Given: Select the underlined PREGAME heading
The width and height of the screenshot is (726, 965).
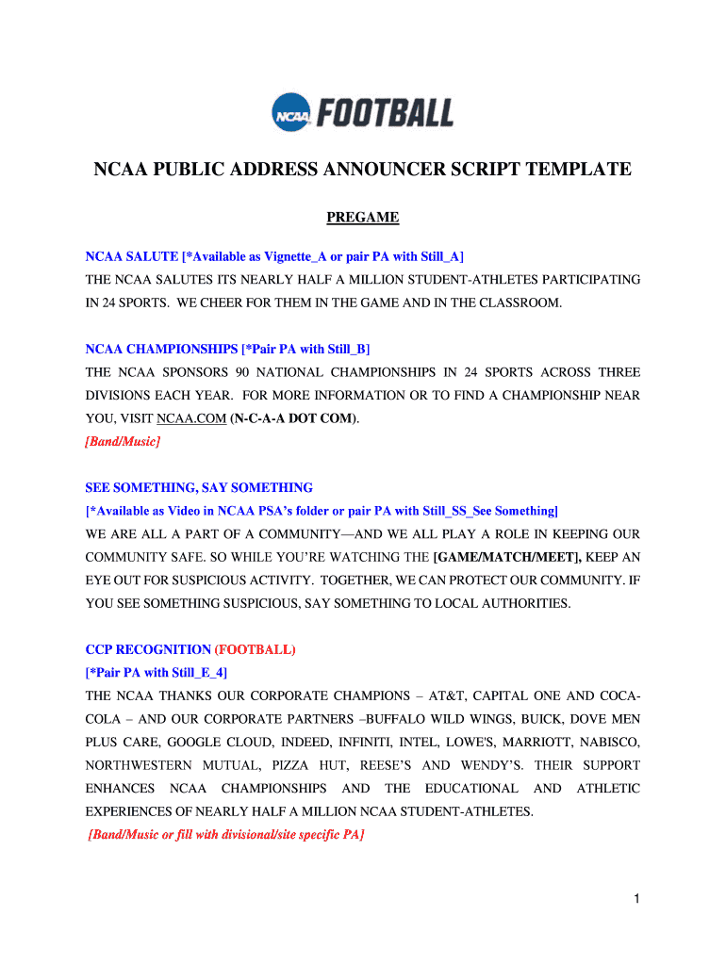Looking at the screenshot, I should pos(363,218).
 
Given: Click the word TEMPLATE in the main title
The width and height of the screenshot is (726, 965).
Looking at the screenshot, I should pos(572,170).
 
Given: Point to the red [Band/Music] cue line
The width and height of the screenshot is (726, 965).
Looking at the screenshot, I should pos(123,441).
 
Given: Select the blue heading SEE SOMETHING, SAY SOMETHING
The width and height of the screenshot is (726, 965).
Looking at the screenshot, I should pos(199,487).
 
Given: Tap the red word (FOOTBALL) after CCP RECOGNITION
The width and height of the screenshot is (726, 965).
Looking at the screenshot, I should pos(256,649).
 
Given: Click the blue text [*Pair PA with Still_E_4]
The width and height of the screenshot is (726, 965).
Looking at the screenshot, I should pos(157,672).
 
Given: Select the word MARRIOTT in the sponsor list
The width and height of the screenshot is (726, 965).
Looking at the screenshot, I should pos(530,742).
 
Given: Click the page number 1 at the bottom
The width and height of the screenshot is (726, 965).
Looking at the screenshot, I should pos(637,900).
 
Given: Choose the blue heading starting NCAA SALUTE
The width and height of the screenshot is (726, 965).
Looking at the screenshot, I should pos(274,256).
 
